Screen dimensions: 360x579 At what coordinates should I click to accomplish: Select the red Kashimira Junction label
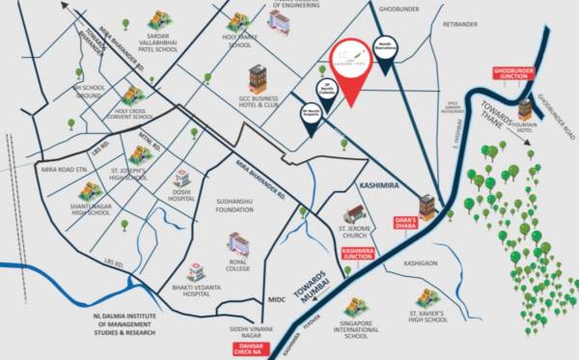pyautogui.click(x=360, y=253)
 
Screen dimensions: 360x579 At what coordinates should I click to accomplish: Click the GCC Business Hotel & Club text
pyautogui.click(x=260, y=101)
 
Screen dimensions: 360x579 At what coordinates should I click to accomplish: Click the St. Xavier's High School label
pyautogui.click(x=426, y=318)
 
